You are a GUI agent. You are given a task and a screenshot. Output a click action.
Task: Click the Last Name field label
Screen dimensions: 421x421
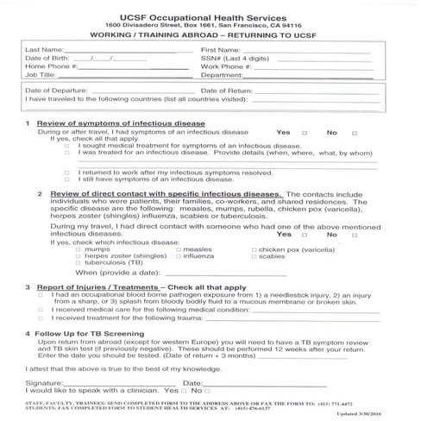[x=44, y=50]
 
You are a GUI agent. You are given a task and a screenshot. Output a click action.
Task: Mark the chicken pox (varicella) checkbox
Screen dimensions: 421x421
[x=253, y=248]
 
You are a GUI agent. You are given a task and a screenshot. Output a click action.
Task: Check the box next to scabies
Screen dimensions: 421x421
[x=253, y=256]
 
